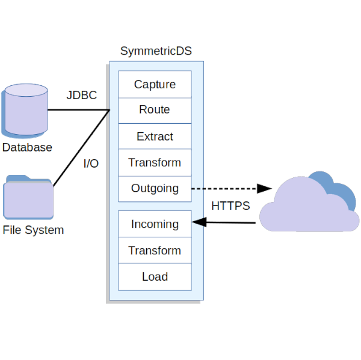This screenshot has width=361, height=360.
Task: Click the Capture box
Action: (155, 84)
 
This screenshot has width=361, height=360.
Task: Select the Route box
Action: (155, 109)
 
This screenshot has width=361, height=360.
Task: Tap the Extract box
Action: (155, 136)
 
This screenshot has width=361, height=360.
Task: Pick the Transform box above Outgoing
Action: (155, 162)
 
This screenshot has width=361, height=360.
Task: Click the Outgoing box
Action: (155, 188)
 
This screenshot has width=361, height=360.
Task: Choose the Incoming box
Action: (155, 224)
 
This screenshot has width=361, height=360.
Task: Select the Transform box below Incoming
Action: (155, 250)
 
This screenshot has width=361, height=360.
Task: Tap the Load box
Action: (155, 276)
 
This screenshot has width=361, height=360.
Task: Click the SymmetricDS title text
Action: (156, 51)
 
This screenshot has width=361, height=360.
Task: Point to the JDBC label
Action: (82, 96)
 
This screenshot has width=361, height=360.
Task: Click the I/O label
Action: (91, 163)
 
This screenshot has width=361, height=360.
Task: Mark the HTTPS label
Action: (230, 206)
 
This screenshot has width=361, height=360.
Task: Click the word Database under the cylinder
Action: (27, 147)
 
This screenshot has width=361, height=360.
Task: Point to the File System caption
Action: (33, 230)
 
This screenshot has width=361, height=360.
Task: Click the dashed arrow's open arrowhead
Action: (265, 189)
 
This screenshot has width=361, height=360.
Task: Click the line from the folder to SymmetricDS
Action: (81, 147)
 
